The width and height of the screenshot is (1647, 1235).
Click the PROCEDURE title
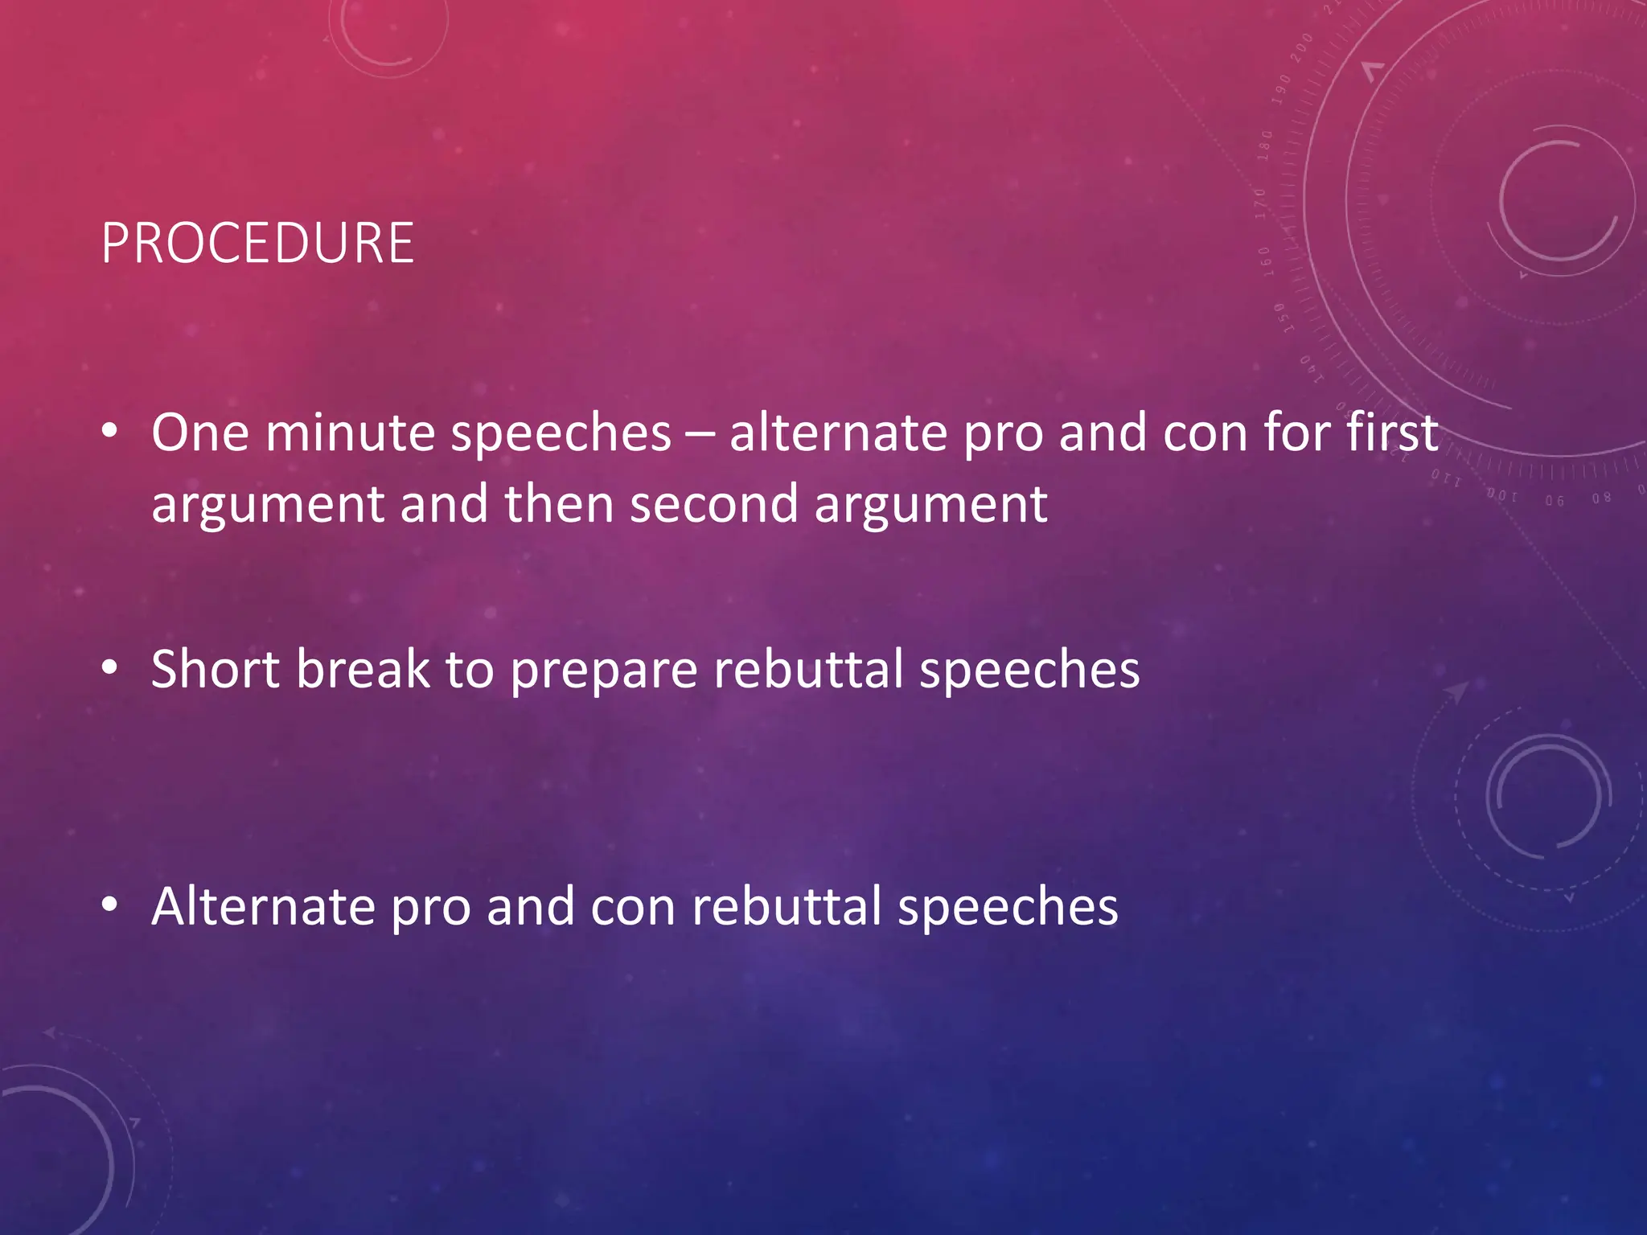click(257, 243)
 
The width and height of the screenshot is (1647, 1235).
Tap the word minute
click(350, 433)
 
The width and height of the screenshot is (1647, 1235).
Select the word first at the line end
click(1392, 433)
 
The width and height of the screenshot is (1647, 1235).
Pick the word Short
click(216, 669)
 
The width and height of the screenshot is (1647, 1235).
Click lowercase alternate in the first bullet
click(837, 433)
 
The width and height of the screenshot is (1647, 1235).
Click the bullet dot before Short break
click(110, 667)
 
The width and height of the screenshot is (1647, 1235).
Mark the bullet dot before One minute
click(110, 431)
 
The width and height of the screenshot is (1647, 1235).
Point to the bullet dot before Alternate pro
click(110, 905)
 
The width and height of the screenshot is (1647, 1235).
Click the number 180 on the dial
click(1265, 146)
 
